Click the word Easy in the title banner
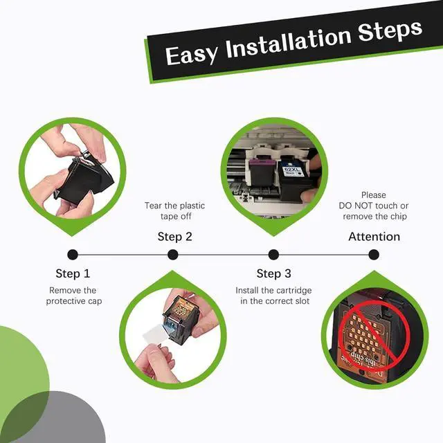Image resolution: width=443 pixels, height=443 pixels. [x=192, y=55]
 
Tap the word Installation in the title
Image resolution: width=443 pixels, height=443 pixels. [x=288, y=43]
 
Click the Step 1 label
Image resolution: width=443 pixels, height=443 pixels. [x=73, y=273]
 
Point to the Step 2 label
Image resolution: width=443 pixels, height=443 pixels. [x=175, y=237]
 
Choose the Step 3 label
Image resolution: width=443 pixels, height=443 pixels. [x=274, y=273]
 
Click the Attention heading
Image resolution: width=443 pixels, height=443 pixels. [x=374, y=237]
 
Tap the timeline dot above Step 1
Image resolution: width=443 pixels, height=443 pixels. [x=73, y=255]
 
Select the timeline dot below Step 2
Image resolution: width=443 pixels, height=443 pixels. [x=173, y=255]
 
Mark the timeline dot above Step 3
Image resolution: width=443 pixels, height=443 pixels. [x=273, y=255]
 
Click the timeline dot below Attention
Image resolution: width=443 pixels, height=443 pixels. [x=374, y=255]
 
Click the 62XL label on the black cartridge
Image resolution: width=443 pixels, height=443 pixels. [x=291, y=170]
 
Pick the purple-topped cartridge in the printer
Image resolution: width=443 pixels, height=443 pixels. [x=262, y=172]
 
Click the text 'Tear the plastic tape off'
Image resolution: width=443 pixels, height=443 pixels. [x=175, y=211]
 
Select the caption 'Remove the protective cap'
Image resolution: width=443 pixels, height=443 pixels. [x=74, y=296]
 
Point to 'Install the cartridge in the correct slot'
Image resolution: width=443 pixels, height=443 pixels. [x=274, y=296]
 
